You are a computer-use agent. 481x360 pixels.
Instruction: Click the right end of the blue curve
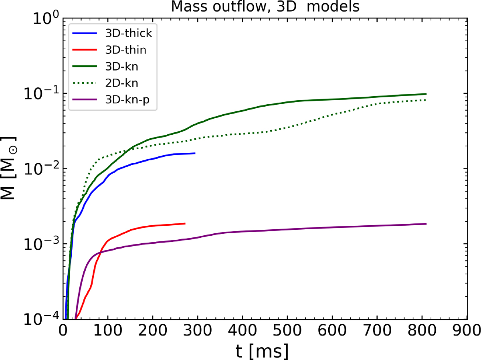[x=195, y=153]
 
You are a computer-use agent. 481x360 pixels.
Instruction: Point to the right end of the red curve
[x=185, y=223]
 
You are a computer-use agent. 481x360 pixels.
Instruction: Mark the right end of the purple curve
[x=426, y=224]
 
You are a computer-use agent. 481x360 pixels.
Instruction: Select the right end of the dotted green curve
[x=426, y=100]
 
